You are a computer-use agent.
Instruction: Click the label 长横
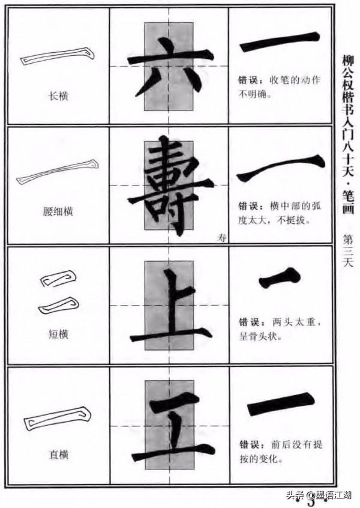coord(58,95)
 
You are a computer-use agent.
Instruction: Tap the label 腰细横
coord(58,211)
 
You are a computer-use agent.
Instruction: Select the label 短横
coord(58,334)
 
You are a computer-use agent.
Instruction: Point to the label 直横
coord(58,455)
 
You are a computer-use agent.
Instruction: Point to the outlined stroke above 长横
coord(58,56)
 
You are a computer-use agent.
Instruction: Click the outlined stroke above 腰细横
coord(58,172)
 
